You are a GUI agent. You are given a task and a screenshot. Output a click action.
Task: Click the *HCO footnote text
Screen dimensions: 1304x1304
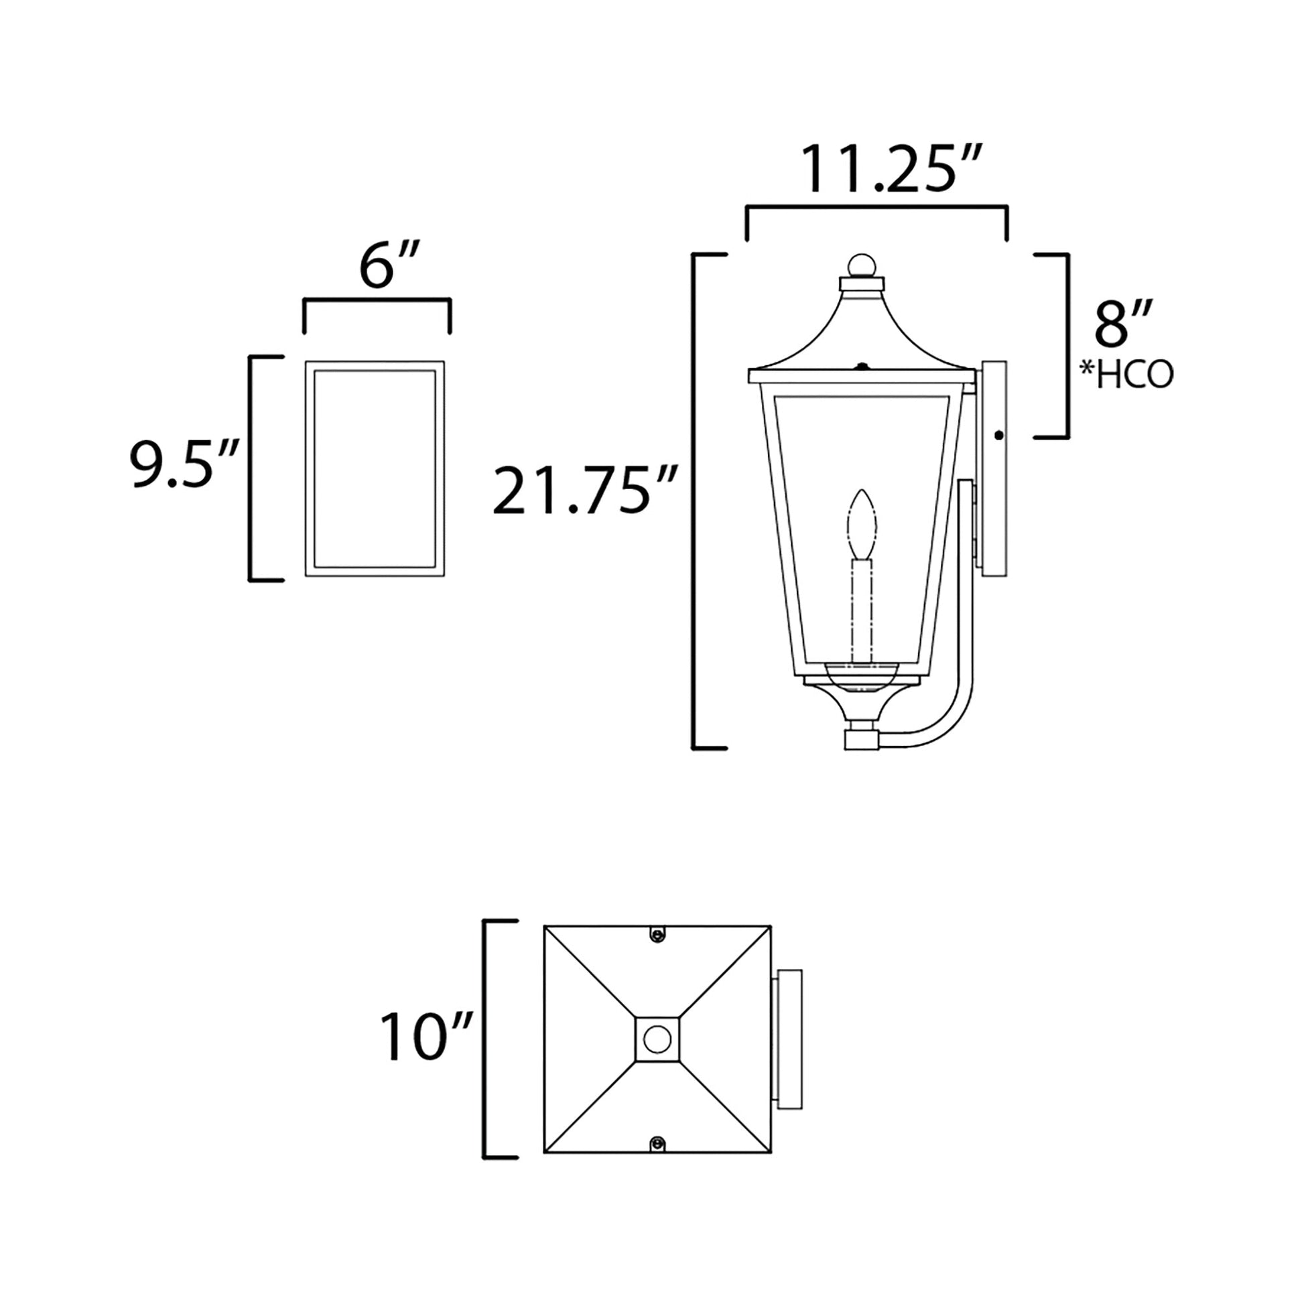pos(1126,375)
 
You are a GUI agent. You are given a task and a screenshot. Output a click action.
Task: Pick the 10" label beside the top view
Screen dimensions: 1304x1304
pos(426,1037)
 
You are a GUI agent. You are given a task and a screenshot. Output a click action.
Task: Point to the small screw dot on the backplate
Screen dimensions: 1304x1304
pos(1000,436)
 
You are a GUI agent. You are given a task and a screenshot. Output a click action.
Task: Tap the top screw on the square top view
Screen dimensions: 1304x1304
pos(657,934)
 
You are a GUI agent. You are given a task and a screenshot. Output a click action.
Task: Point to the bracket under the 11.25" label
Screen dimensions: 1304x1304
pos(876,210)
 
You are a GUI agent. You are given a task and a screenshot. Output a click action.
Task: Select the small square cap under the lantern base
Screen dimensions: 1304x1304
pos(861,738)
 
